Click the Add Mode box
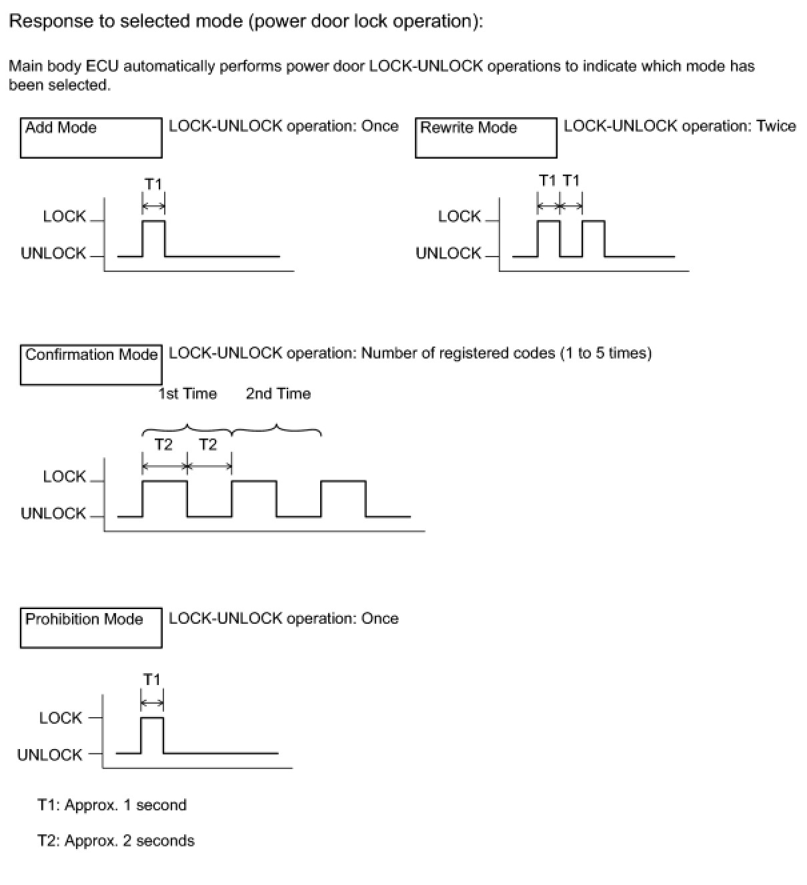point(91,138)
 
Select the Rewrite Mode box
point(486,138)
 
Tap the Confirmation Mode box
point(91,365)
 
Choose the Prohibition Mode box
point(91,627)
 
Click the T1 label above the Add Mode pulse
point(153,184)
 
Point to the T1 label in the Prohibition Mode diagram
point(152,679)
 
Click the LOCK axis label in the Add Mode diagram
point(64,217)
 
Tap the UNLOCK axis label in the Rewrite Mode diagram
point(448,253)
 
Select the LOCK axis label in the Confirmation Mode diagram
point(64,476)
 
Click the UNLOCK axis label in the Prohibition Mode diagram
point(50,755)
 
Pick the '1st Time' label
point(187,394)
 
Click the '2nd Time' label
point(278,394)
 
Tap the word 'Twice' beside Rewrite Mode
point(776,126)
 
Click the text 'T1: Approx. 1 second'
point(112,805)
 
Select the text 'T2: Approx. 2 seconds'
point(116,840)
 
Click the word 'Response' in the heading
point(51,21)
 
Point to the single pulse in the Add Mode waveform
point(154,237)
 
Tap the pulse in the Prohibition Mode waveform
point(152,734)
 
